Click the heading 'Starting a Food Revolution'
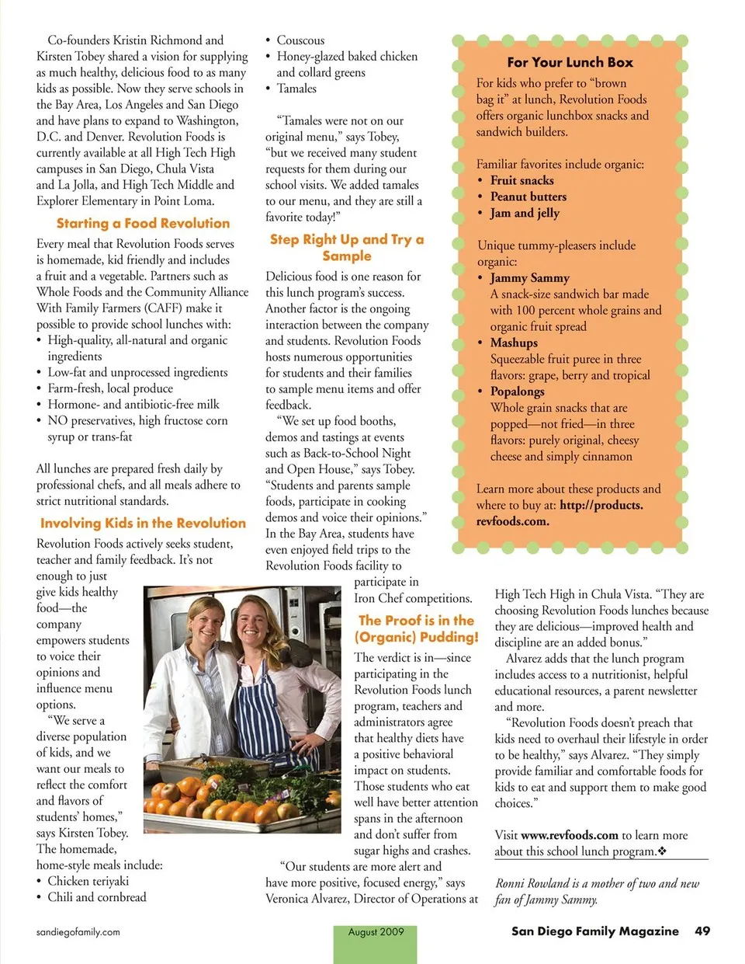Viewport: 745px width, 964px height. pyautogui.click(x=143, y=224)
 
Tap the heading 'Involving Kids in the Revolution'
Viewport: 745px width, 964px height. pyautogui.click(x=143, y=524)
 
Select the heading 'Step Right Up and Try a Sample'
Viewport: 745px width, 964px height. pyautogui.click(x=347, y=248)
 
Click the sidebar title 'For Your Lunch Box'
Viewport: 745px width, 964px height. pyautogui.click(x=570, y=63)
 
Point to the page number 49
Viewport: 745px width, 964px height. pyautogui.click(x=702, y=931)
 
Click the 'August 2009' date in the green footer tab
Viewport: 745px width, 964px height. pyautogui.click(x=376, y=932)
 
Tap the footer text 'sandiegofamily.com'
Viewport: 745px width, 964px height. pyautogui.click(x=78, y=932)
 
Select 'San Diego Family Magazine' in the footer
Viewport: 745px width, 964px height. pyautogui.click(x=594, y=931)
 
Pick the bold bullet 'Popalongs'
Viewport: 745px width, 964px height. pyautogui.click(x=517, y=392)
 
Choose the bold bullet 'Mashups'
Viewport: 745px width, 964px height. pyautogui.click(x=514, y=343)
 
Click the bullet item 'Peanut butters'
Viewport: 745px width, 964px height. pyautogui.click(x=528, y=197)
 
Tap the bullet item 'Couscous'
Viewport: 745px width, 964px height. pyautogui.click(x=300, y=40)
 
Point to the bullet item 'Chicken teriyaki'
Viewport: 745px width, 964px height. pyautogui.click(x=88, y=881)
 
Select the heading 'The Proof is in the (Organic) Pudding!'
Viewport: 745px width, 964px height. pyautogui.click(x=417, y=628)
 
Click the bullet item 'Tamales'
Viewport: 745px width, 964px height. pyautogui.click(x=296, y=89)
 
